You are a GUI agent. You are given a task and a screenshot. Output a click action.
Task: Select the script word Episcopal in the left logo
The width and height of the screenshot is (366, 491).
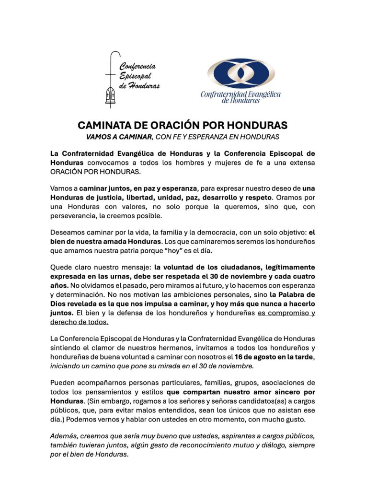[x=136, y=76]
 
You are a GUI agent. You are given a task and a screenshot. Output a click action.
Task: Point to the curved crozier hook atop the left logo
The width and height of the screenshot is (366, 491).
[x=115, y=56]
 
